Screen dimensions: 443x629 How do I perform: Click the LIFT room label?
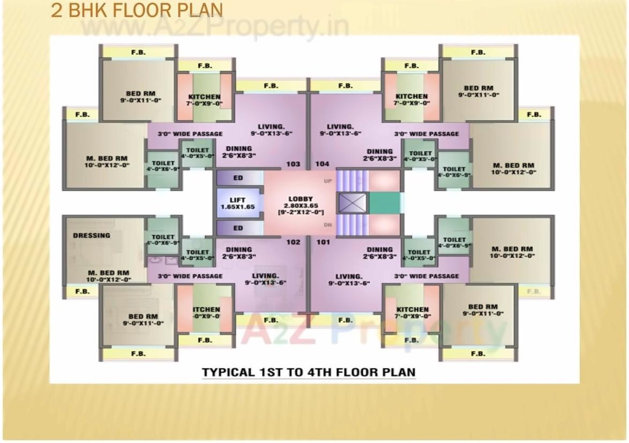(x=238, y=200)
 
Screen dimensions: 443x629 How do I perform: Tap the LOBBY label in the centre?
(x=300, y=199)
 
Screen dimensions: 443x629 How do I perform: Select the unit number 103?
(x=293, y=164)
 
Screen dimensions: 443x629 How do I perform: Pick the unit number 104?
(x=323, y=164)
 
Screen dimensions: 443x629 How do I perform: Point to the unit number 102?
(x=293, y=242)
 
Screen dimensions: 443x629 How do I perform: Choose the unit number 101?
(x=323, y=242)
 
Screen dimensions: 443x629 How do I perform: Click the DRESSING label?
(x=92, y=235)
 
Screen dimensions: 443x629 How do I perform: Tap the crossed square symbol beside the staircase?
(x=353, y=203)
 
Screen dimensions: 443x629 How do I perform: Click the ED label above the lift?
(x=238, y=177)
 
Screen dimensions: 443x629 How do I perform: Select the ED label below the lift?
(x=238, y=228)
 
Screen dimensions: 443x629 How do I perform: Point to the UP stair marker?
(x=328, y=181)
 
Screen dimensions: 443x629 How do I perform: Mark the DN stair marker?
(x=328, y=225)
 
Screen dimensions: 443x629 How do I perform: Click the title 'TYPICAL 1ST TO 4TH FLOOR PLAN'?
(x=308, y=372)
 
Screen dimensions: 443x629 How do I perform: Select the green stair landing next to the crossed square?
(x=385, y=203)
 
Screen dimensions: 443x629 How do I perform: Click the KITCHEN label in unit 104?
(x=411, y=96)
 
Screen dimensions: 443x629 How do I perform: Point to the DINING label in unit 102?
(x=239, y=249)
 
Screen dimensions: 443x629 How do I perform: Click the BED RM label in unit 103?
(x=141, y=93)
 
